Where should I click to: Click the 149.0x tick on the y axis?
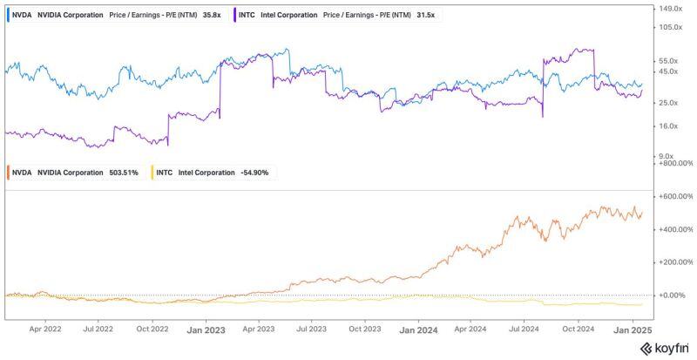click(672, 9)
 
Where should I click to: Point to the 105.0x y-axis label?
click(672, 27)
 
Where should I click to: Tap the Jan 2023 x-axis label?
click(206, 329)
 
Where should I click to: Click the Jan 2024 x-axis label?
click(418, 329)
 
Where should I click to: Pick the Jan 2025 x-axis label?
click(633, 329)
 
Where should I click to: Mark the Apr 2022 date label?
click(45, 329)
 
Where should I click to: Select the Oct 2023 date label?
click(365, 329)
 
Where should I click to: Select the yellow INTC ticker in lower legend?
click(165, 173)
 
